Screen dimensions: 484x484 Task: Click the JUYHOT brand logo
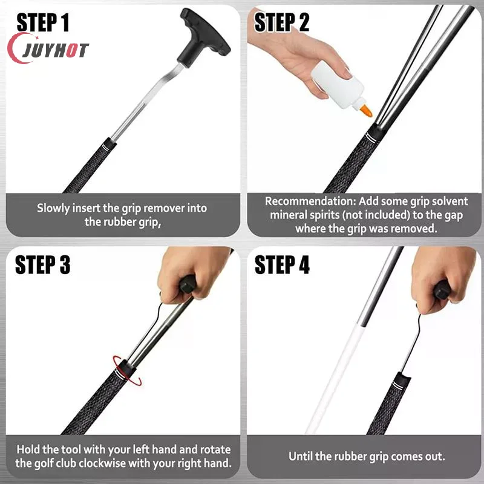click(x=48, y=49)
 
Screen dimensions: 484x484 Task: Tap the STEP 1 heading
click(x=43, y=22)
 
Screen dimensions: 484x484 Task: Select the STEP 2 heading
click(x=281, y=22)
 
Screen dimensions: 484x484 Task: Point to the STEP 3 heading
click(x=43, y=264)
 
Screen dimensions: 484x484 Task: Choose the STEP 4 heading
click(x=282, y=264)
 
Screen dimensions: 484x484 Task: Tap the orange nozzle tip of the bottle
click(x=367, y=111)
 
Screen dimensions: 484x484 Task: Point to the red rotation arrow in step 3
click(x=127, y=370)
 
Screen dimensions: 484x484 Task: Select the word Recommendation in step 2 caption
click(x=310, y=201)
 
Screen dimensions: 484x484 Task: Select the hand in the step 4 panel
click(x=443, y=280)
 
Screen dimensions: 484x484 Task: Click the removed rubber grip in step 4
click(x=390, y=404)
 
